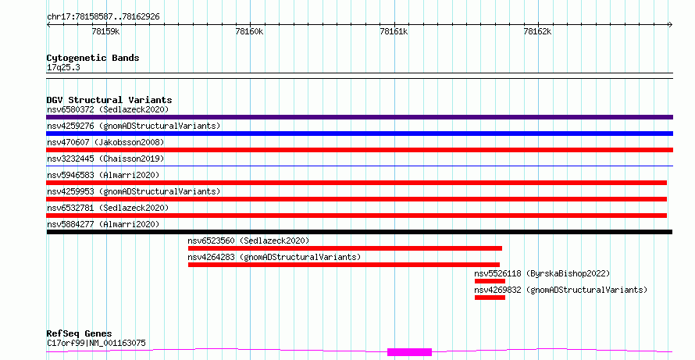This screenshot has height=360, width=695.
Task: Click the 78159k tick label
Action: pyautogui.click(x=105, y=31)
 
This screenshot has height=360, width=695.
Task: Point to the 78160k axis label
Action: pyautogui.click(x=250, y=31)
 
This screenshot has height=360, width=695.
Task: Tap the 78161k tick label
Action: pyautogui.click(x=394, y=31)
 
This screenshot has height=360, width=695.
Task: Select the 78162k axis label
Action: pyautogui.click(x=538, y=31)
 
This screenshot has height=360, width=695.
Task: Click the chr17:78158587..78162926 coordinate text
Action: pyautogui.click(x=103, y=17)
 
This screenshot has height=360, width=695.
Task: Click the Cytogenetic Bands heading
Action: pyautogui.click(x=93, y=58)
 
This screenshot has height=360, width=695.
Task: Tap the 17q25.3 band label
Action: pyautogui.click(x=63, y=68)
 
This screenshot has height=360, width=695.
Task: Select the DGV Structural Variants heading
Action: pyautogui.click(x=109, y=100)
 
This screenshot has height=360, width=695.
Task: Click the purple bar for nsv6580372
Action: pyautogui.click(x=359, y=117)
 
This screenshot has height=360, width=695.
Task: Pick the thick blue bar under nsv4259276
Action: pyautogui.click(x=359, y=134)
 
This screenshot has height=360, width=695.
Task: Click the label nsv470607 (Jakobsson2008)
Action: pyautogui.click(x=105, y=142)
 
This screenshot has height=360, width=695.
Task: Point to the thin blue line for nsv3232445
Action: pyautogui.click(x=359, y=166)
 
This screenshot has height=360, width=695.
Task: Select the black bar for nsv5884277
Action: pyautogui.click(x=359, y=232)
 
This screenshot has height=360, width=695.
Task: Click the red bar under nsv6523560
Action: pyautogui.click(x=345, y=248)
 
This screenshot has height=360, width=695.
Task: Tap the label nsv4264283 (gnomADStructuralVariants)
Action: pyautogui.click(x=274, y=257)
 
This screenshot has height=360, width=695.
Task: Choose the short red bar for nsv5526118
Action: pyautogui.click(x=490, y=281)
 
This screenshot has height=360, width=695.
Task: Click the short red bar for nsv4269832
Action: pyautogui.click(x=490, y=298)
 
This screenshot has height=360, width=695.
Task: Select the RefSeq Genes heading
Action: pyautogui.click(x=79, y=333)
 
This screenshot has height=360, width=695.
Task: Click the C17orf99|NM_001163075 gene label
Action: pyautogui.click(x=96, y=343)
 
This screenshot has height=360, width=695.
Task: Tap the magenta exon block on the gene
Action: pyautogui.click(x=409, y=352)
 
